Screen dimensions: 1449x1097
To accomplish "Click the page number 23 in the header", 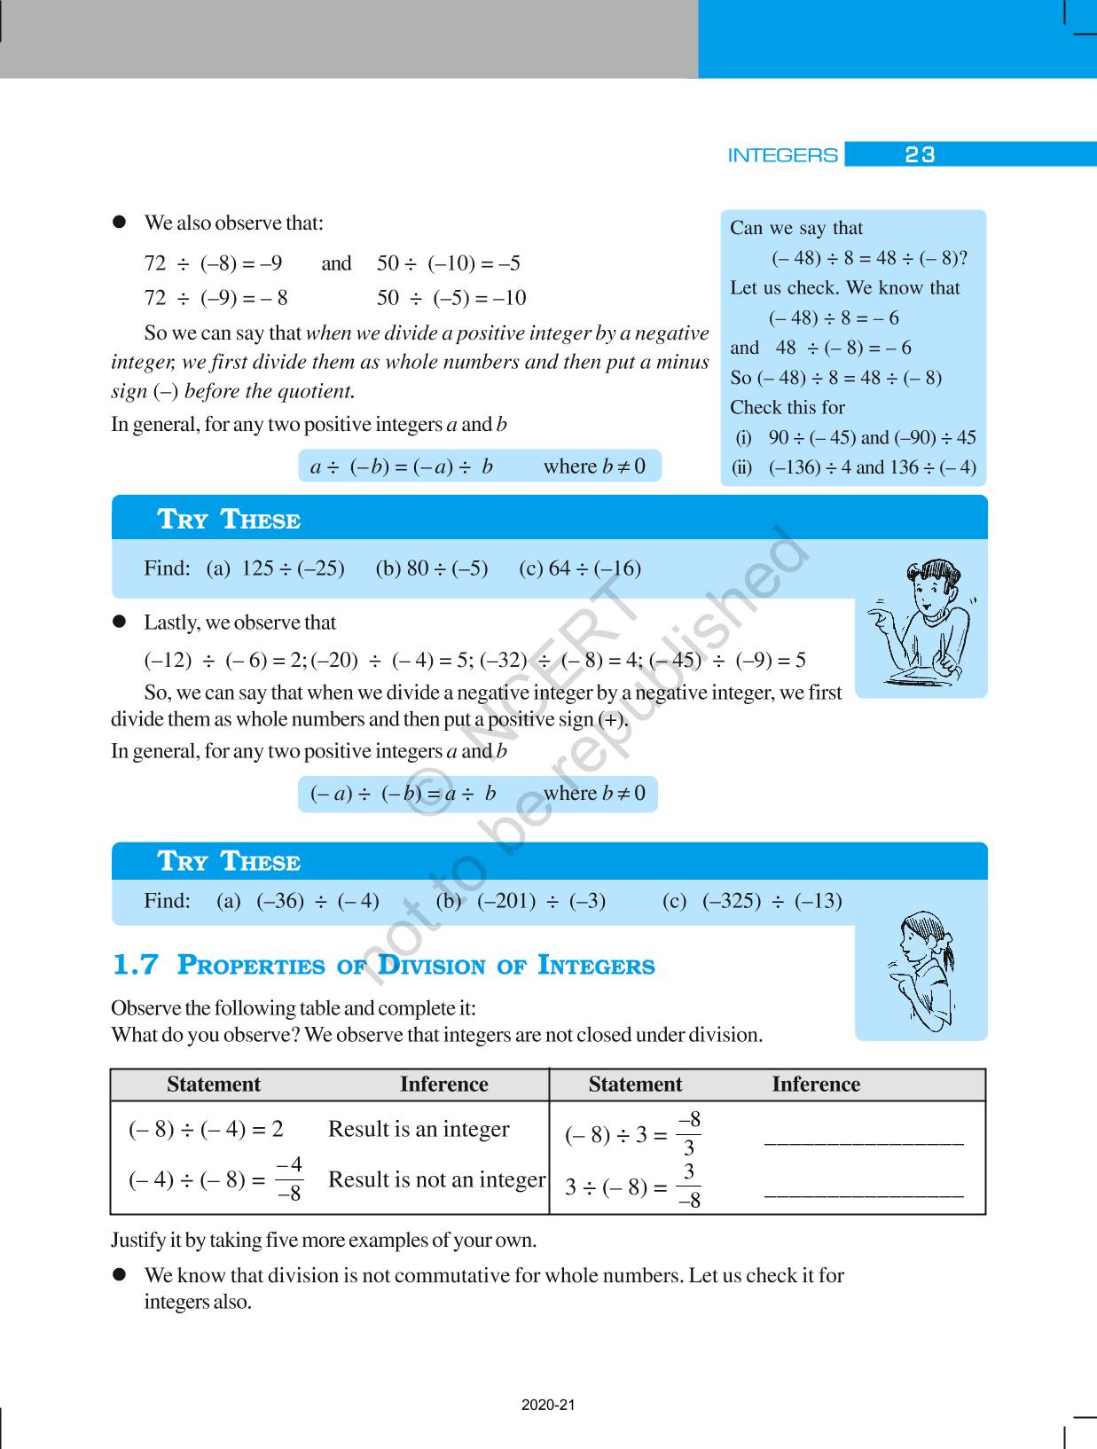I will pos(920,155).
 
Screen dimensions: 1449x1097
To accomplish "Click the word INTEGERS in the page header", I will pos(782,155).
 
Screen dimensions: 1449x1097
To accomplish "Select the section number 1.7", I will pos(136,965).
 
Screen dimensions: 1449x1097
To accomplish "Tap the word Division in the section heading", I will pos(432,965).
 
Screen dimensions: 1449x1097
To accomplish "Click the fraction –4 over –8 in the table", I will pos(289,1179).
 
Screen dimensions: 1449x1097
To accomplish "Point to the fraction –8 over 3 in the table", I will pos(688,1133).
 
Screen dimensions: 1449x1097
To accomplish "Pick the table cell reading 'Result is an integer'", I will pos(419,1129).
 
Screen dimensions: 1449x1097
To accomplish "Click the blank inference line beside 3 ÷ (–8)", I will pos(863,1194).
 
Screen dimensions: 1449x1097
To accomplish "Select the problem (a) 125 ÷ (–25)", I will pos(276,568).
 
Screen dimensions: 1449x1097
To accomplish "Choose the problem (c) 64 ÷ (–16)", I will pos(580,568).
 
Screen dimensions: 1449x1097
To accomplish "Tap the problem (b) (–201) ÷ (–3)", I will pos(521,901).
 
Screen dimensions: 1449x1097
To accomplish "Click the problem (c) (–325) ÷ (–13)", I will pos(752,901).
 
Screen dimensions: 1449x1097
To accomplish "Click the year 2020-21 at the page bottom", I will pos(548,1406).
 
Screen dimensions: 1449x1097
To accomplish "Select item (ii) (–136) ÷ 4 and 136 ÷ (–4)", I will pos(855,467).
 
